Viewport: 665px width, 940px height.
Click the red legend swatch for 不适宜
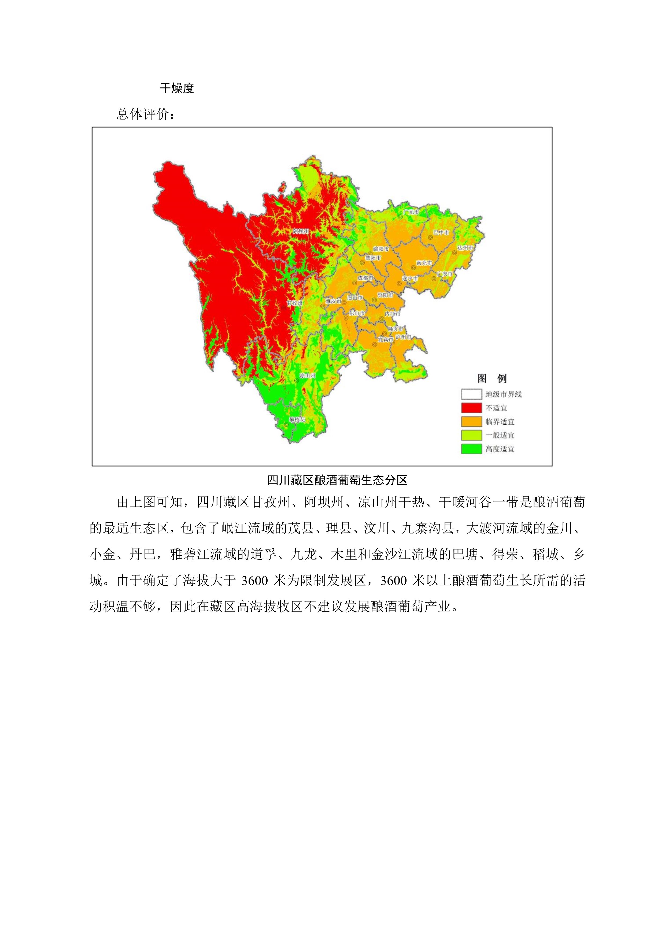(x=471, y=408)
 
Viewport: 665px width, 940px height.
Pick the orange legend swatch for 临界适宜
(x=471, y=422)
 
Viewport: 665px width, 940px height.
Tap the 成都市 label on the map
(x=365, y=278)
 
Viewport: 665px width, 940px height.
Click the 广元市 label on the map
(x=411, y=212)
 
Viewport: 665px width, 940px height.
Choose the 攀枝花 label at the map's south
(x=297, y=420)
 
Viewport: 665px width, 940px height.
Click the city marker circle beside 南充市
(x=413, y=268)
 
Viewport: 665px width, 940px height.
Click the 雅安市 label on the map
(x=333, y=301)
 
